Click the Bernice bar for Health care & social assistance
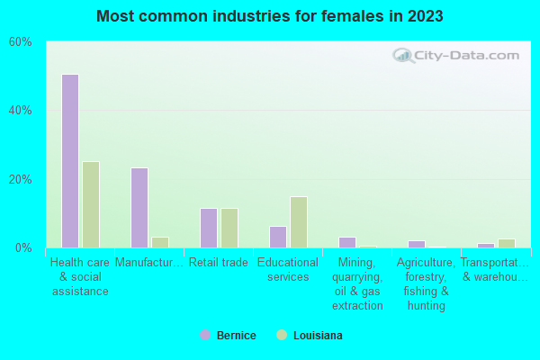70,161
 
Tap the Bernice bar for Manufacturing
139,208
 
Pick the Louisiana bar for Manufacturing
160,242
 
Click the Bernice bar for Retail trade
209,228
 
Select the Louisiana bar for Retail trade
229,228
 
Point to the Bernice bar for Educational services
278,237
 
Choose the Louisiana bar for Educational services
299,222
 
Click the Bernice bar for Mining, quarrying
347,242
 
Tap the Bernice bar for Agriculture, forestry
417,244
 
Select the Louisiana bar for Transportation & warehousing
507,243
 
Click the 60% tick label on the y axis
20,42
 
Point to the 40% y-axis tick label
20,111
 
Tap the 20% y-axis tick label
20,179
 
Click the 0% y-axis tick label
23,247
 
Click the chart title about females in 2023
270,16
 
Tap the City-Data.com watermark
456,55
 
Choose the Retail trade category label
218,263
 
